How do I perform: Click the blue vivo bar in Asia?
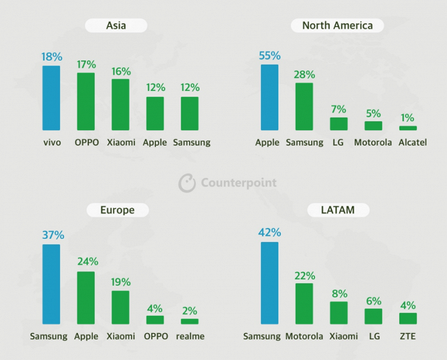click(x=51, y=98)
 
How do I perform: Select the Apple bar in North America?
click(x=269, y=97)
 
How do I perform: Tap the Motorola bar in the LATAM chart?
click(x=304, y=304)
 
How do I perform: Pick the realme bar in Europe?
click(x=190, y=322)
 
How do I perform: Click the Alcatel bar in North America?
click(x=408, y=128)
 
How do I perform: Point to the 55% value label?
click(x=269, y=56)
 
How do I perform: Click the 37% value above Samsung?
click(x=51, y=235)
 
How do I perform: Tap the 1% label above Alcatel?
click(x=408, y=118)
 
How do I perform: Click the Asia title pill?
click(x=116, y=25)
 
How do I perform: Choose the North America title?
click(x=337, y=25)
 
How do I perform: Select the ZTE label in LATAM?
click(x=408, y=337)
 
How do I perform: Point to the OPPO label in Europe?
click(x=155, y=337)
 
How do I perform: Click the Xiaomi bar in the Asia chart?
click(x=120, y=105)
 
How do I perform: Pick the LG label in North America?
click(x=338, y=143)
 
